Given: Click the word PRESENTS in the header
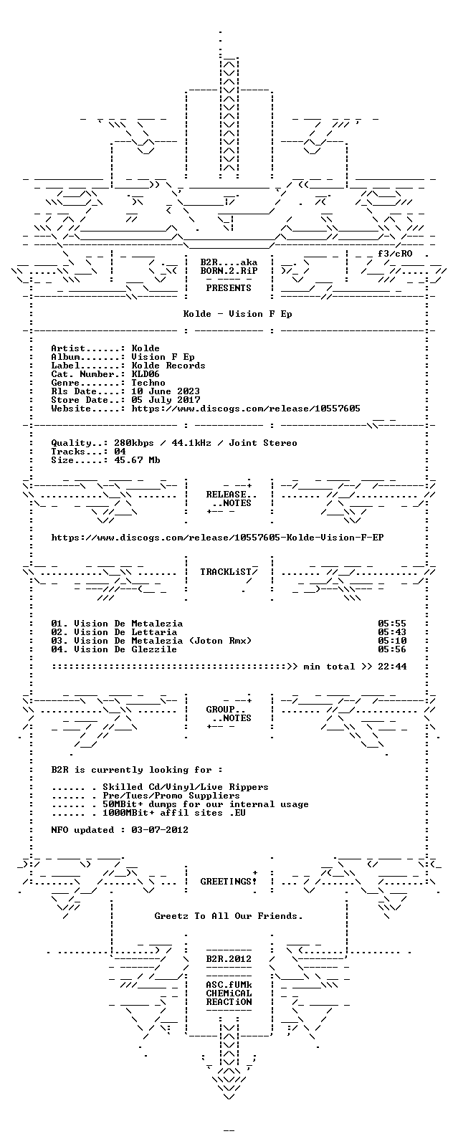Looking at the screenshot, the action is [x=229, y=288].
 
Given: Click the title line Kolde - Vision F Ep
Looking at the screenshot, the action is [x=237, y=313].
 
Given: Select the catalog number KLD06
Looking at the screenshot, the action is [x=146, y=374].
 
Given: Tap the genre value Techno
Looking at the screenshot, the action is [x=148, y=383].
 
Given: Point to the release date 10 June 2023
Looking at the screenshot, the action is [x=166, y=391].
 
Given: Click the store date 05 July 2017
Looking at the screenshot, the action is [x=166, y=400].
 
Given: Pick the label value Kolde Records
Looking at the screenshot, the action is [x=168, y=366].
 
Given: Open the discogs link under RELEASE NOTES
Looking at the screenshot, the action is [x=218, y=538].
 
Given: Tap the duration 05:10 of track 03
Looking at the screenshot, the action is [x=392, y=641].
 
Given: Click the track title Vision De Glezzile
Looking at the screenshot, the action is [x=125, y=649].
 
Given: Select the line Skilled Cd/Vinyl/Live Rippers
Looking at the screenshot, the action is [x=186, y=787].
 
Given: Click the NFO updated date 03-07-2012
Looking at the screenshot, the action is [x=160, y=830].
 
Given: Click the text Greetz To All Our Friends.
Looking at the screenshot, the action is [x=229, y=916].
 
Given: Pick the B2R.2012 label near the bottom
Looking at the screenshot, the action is [x=229, y=959].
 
